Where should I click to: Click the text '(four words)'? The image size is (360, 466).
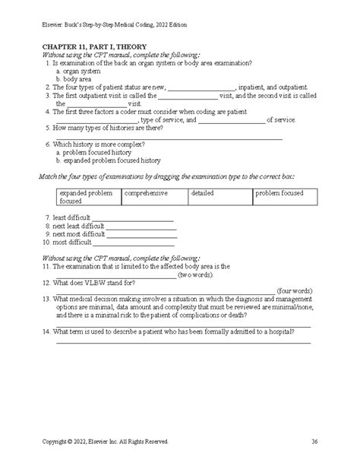[292, 290]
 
